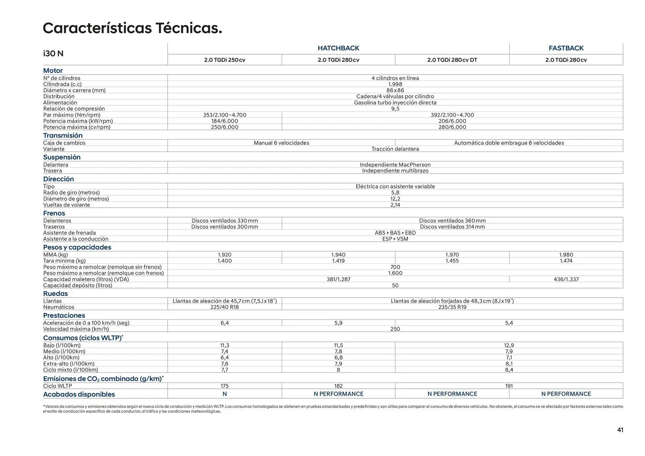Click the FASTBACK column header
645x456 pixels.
[566, 48]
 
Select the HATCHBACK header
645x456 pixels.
[338, 48]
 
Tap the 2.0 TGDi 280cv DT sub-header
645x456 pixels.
[452, 60]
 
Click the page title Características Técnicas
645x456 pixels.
[132, 28]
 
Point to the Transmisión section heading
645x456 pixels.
[63, 136]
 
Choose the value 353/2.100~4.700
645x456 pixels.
[225, 115]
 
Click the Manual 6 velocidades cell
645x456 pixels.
[281, 143]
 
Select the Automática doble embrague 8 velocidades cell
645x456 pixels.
[509, 143]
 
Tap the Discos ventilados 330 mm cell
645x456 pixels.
[225, 221]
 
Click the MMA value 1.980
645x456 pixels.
[566, 255]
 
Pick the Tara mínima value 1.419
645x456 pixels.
[338, 261]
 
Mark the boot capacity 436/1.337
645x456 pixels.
[566, 279]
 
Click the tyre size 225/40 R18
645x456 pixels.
[225, 307]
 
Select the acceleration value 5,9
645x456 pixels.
[338, 323]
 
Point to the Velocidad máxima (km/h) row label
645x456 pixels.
[76, 329]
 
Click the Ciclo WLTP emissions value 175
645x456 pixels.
[225, 386]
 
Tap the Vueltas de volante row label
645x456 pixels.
[67, 205]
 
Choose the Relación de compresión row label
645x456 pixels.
[74, 109]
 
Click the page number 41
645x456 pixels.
[620, 430]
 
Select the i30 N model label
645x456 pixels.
[53, 54]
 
